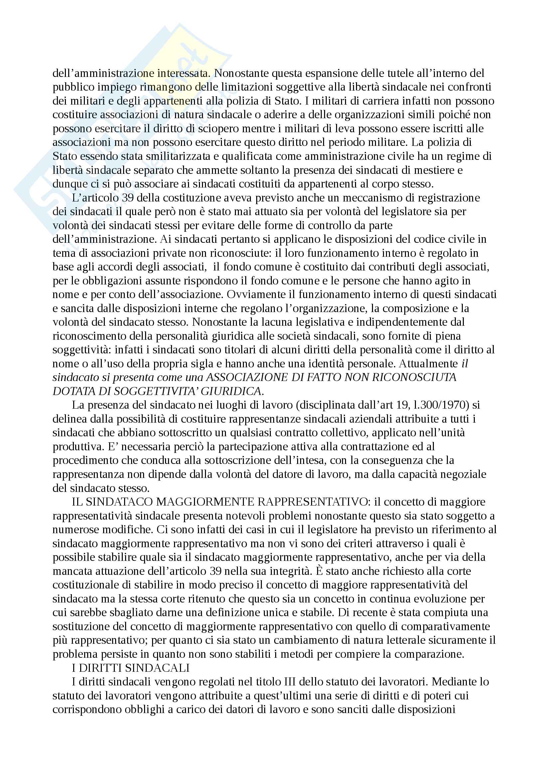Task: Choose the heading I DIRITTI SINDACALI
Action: tap(130, 668)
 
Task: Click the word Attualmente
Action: tap(428, 364)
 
